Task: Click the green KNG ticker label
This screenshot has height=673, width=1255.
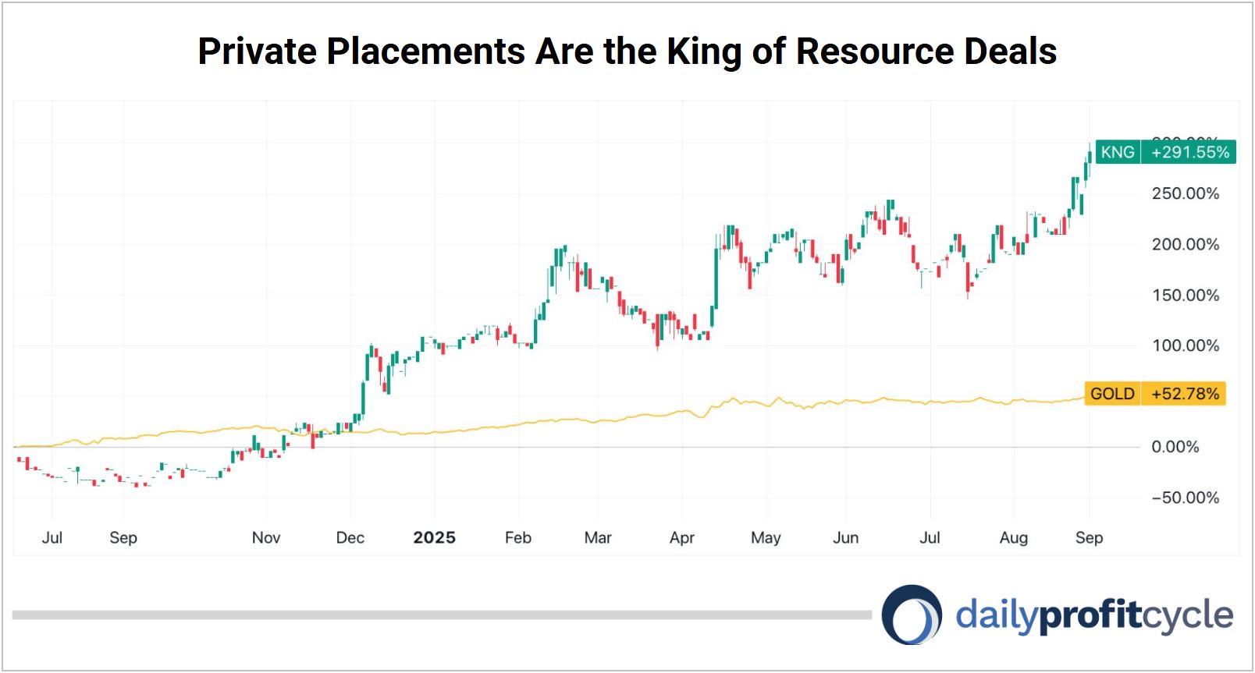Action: click(x=1117, y=152)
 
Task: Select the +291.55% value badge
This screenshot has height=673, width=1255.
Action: click(x=1189, y=152)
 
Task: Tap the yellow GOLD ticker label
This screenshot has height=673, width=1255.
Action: click(x=1112, y=394)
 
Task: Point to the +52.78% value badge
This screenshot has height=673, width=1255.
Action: click(x=1184, y=394)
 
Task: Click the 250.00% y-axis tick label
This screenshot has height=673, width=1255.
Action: click(x=1185, y=193)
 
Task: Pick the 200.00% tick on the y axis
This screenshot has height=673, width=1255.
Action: click(x=1185, y=244)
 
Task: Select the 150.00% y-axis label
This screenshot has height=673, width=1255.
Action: click(x=1185, y=295)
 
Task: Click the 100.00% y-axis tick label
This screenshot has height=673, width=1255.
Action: click(x=1185, y=345)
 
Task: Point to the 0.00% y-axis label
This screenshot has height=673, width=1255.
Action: click(x=1175, y=447)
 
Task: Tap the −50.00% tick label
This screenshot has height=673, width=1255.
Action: click(x=1185, y=498)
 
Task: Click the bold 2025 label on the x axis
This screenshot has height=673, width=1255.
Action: click(x=434, y=537)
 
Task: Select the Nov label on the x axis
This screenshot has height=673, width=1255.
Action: click(x=266, y=537)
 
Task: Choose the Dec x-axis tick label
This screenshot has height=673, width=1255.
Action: click(x=350, y=537)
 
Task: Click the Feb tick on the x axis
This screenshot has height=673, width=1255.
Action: click(x=517, y=537)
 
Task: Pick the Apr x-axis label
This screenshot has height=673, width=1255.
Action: click(x=682, y=537)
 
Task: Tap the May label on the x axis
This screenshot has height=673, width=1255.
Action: click(x=766, y=537)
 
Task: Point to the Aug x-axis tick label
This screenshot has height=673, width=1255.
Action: click(x=1014, y=537)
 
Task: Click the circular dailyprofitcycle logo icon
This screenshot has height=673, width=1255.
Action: click(x=912, y=615)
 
